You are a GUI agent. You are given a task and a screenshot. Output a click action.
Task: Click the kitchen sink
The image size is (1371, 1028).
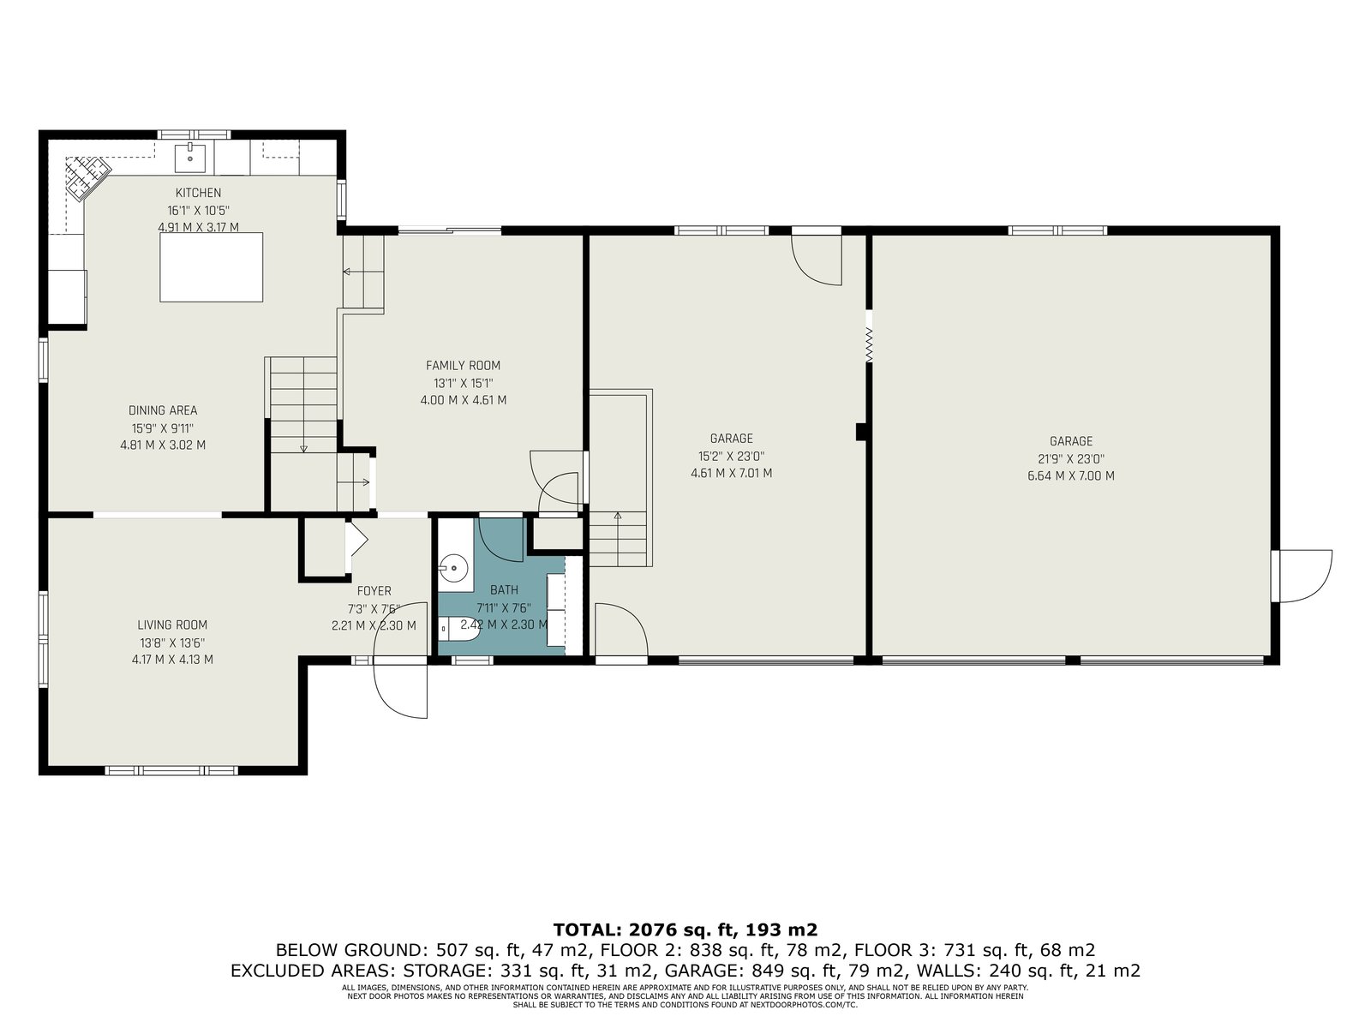click(x=190, y=157)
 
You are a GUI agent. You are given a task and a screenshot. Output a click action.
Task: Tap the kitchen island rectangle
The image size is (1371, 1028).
click(x=211, y=267)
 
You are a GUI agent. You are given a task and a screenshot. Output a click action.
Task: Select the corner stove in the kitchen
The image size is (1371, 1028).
click(x=88, y=178)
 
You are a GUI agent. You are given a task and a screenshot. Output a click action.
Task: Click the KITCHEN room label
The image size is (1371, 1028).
click(x=198, y=193)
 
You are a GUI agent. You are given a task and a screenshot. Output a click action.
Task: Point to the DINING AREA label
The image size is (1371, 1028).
click(x=163, y=410)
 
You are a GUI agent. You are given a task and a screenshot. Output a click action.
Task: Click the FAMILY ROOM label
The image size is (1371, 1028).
click(x=463, y=365)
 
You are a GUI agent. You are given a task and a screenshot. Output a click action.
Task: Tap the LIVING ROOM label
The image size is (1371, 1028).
click(x=171, y=625)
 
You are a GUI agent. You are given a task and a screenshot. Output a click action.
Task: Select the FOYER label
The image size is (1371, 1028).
click(x=374, y=590)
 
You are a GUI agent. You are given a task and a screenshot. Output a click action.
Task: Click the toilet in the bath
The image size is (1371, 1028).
click(x=458, y=628)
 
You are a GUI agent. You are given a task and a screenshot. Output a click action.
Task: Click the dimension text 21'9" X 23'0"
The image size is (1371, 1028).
click(x=1070, y=459)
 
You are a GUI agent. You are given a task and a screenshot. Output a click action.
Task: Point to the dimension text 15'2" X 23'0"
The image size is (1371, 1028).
click(x=731, y=457)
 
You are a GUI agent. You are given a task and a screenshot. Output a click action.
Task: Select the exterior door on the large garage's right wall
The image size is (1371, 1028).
click(x=1303, y=576)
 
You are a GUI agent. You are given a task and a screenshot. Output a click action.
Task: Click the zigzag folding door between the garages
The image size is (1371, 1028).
click(x=868, y=345)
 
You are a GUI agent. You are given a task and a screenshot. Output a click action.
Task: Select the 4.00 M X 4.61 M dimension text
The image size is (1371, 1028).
click(x=463, y=399)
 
